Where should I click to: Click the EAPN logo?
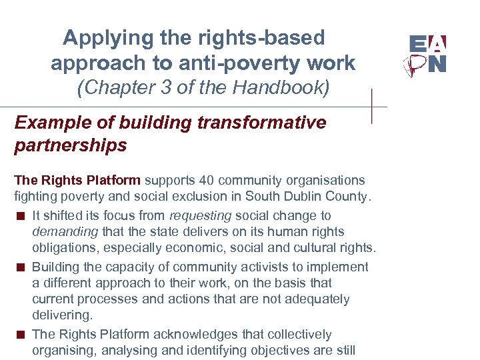pyautogui.click(x=427, y=55)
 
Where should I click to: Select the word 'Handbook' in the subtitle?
pyautogui.click(x=283, y=87)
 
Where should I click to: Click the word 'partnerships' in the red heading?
pyautogui.click(x=70, y=145)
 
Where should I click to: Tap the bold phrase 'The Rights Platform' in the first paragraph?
pyautogui.click(x=77, y=180)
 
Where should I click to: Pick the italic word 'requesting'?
pyautogui.click(x=201, y=216)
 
